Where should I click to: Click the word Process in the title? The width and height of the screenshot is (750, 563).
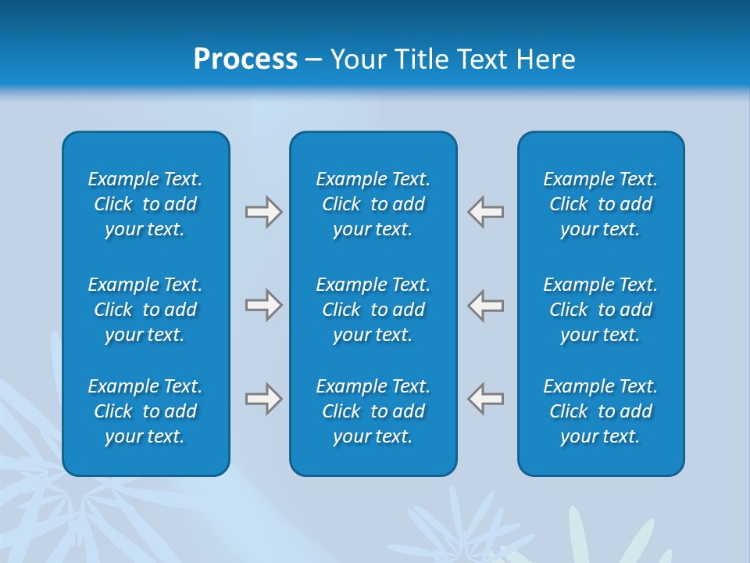[245, 59]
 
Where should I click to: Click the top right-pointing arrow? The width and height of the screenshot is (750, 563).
[264, 212]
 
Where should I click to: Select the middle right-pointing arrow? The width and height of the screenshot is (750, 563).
[264, 305]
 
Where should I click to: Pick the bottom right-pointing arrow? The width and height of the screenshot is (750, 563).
[264, 399]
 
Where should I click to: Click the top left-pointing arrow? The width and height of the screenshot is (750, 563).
[485, 212]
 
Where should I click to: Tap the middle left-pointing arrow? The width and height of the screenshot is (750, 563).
[485, 305]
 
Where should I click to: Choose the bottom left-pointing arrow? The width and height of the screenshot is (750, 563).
[485, 399]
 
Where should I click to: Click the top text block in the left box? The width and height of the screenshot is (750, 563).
[145, 204]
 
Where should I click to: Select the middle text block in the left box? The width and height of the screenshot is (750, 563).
[145, 310]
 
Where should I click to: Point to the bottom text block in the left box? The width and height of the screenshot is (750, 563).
[145, 411]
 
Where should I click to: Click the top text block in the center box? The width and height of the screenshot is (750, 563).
[373, 204]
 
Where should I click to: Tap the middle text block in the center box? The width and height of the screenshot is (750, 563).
[373, 310]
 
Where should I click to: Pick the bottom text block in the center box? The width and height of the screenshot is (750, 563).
[373, 411]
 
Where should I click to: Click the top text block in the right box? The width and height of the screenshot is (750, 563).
[601, 204]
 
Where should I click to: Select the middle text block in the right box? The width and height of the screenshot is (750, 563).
[601, 310]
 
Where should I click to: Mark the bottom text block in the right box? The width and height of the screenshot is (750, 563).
[601, 411]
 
